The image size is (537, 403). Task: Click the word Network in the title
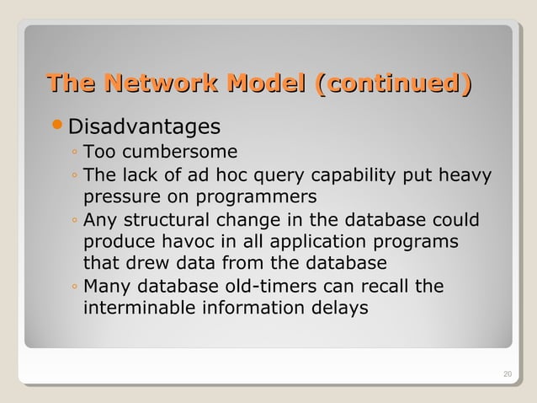point(152,84)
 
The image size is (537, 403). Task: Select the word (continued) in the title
point(391,84)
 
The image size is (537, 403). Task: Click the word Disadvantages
point(144,127)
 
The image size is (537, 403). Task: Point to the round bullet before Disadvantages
point(58,126)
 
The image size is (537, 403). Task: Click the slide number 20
point(506,374)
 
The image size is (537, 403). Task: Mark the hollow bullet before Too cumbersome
point(75,154)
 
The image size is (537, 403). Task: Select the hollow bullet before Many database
point(75,287)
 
